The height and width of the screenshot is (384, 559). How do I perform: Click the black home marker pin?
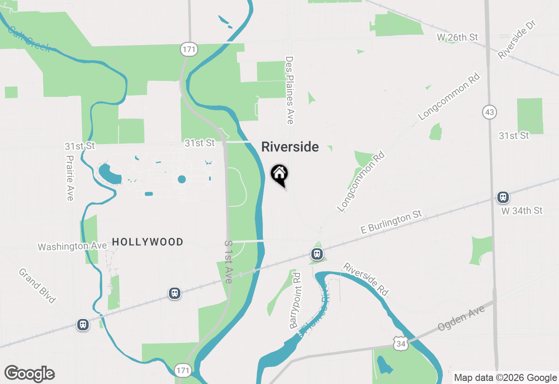tap(279, 175)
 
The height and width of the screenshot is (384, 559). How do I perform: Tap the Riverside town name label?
tap(290, 147)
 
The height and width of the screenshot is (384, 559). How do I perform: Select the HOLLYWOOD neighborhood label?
tap(148, 242)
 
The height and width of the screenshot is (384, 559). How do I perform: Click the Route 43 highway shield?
tap(490, 112)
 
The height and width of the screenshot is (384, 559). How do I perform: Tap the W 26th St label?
tap(457, 38)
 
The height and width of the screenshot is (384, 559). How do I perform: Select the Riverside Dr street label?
tap(517, 39)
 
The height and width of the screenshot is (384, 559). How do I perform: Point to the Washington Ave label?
tap(72, 247)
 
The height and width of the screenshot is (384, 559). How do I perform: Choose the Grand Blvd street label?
tap(37, 286)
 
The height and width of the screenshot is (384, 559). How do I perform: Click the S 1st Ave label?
tap(228, 262)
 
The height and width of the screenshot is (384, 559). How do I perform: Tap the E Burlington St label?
tap(391, 222)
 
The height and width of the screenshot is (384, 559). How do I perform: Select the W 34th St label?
tap(522, 211)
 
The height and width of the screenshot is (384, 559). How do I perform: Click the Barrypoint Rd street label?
tap(296, 301)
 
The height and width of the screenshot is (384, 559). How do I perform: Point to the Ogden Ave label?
tap(462, 318)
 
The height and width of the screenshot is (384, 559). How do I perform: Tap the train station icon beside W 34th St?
tap(503, 197)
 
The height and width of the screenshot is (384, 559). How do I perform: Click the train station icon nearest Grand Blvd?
tap(83, 325)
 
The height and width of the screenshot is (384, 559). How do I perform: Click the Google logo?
tap(29, 374)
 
